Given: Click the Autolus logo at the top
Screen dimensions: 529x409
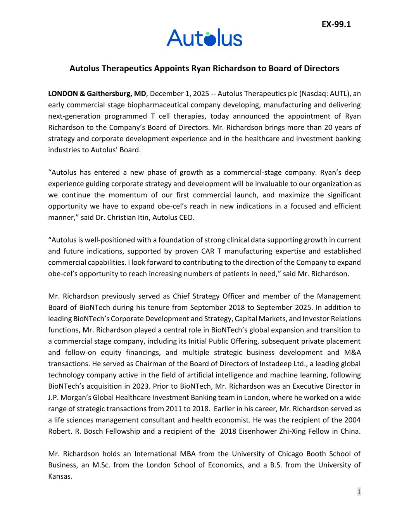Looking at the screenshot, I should click(204, 38).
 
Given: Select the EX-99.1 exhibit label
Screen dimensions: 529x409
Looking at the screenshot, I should click(336, 24).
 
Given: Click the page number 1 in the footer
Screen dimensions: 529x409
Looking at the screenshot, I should click(359, 492).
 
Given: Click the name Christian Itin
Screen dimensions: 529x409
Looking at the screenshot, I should click(126, 217).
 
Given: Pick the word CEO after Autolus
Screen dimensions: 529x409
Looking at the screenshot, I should click(186, 217).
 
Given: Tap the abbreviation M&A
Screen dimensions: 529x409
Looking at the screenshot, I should click(352, 353).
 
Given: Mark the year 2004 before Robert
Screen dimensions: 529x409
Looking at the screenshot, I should click(352, 420).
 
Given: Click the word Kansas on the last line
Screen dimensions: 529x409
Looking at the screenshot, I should click(60, 476).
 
